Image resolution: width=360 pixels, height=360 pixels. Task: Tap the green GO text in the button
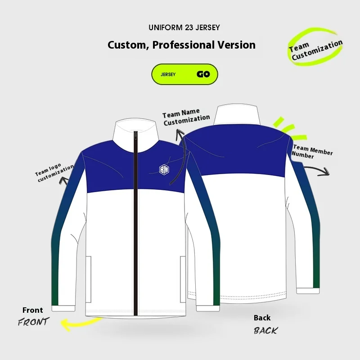[203, 74]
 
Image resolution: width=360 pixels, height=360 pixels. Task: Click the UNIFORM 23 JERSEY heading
[184, 28]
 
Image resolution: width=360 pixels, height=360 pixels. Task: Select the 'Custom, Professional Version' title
[181, 45]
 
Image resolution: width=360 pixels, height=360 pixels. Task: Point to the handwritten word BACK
[265, 330]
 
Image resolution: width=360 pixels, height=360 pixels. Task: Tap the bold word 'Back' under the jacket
[262, 318]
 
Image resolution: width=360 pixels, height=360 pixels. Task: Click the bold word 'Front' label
[33, 310]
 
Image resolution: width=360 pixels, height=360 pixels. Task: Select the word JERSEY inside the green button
[168, 75]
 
